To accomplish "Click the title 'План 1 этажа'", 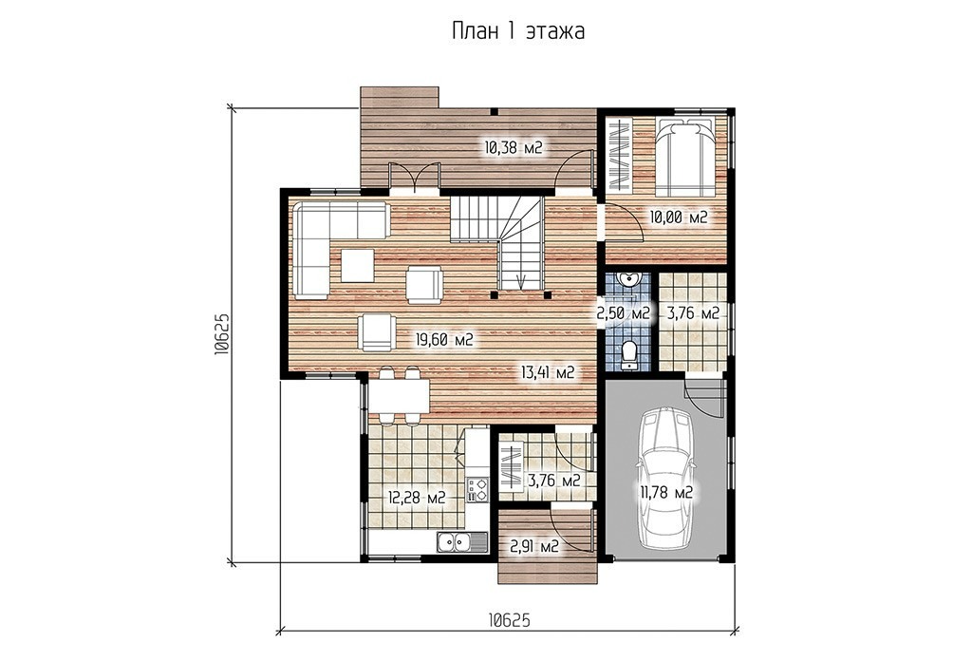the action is point(517,31).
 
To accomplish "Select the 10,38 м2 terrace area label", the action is point(514,147).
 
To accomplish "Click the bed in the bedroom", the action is point(684,155).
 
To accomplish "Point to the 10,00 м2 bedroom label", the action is point(678,217).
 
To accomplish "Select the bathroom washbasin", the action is point(629,279).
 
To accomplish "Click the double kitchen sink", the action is point(455,542).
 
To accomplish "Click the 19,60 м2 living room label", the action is point(444,340).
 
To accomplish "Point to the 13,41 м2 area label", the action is point(548,372).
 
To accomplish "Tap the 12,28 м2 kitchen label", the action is point(417,498).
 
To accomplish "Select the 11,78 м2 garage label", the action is point(666,494).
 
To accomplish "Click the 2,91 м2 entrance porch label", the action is point(534,547).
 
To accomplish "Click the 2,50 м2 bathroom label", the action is point(623,313).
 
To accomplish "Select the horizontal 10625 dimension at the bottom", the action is point(509,621).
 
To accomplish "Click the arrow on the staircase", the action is point(524,279).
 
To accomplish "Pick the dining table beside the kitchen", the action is point(399,397).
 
